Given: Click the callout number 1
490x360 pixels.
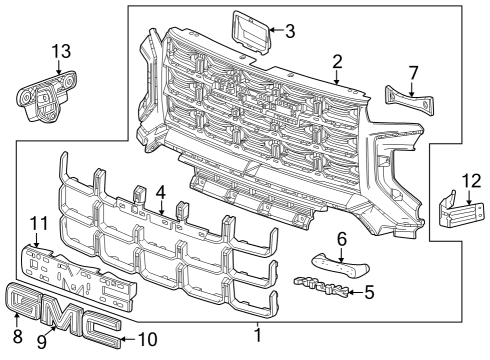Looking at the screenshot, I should point(257,336).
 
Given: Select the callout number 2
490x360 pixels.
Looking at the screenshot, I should point(338,61).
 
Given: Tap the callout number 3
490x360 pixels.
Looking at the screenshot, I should point(289,31).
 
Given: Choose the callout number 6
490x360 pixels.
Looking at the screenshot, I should point(341,239).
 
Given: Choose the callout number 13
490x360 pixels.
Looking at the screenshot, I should point(61,51).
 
